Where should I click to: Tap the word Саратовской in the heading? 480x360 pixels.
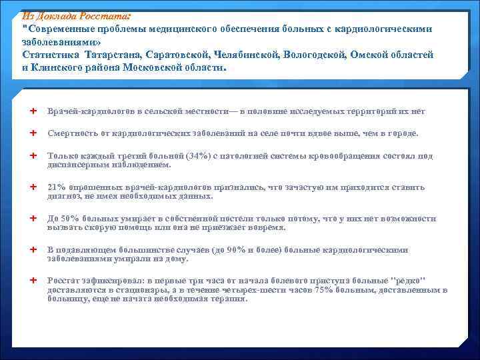click(177, 55)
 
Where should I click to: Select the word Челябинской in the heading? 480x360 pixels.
click(247, 55)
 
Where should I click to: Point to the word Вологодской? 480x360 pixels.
click(317, 55)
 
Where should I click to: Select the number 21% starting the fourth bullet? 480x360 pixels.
click(56, 187)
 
